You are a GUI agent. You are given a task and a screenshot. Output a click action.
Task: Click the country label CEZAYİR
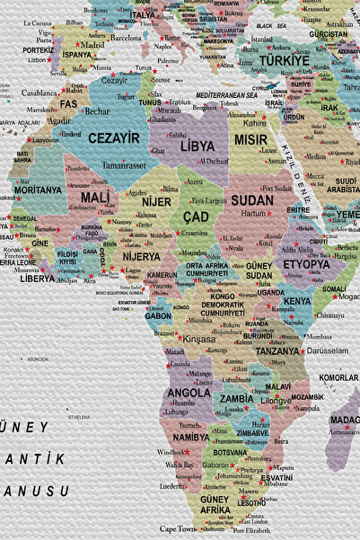[x=114, y=138]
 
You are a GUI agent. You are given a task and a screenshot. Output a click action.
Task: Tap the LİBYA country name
[x=198, y=146]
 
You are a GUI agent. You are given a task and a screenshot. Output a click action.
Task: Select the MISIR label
[x=250, y=140]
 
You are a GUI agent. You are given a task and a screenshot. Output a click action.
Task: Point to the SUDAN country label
[x=252, y=200]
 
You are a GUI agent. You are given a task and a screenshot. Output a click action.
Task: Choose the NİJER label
[x=156, y=202]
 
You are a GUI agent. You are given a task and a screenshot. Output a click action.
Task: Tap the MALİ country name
[x=96, y=197]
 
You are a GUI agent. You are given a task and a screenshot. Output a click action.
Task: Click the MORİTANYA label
[x=38, y=190]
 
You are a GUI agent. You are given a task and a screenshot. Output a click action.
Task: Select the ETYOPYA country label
[x=307, y=265]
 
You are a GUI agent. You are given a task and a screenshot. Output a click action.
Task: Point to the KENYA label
[x=297, y=301]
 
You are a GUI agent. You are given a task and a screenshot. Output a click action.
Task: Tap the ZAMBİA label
[x=236, y=398]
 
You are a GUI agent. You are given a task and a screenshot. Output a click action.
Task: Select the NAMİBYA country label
[x=190, y=437]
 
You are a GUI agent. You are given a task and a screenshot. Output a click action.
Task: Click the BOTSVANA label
[x=230, y=453]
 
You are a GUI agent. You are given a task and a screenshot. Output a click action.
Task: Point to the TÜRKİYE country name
[x=284, y=60]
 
